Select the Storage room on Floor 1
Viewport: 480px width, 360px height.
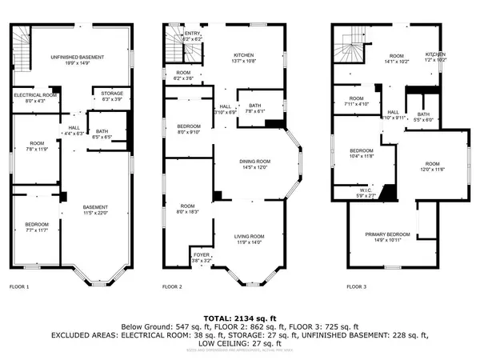pos(112,96)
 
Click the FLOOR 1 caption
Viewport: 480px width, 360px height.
pos(19,286)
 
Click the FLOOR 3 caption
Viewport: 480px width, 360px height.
pos(357,286)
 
